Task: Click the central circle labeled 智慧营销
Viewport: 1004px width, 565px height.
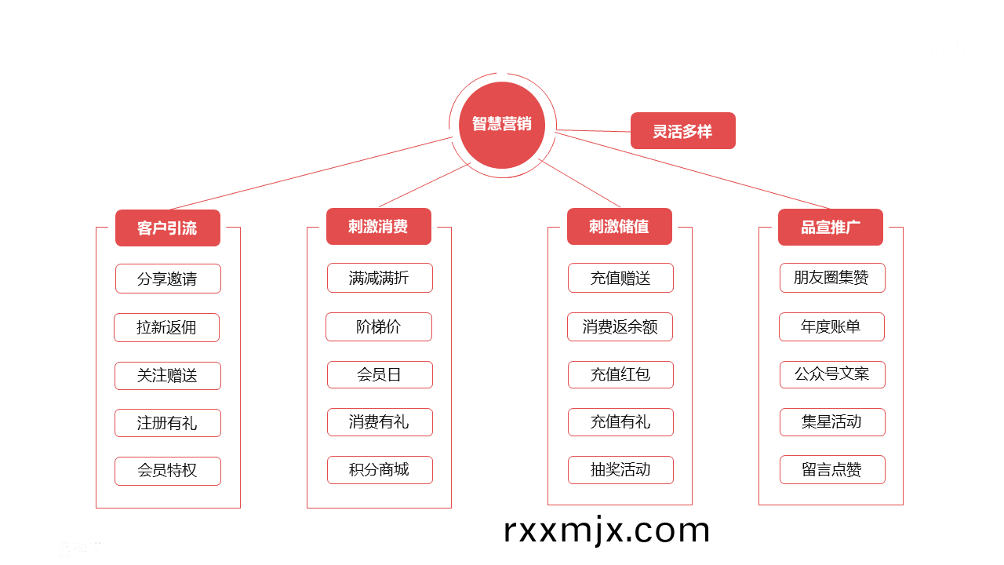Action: [501, 125]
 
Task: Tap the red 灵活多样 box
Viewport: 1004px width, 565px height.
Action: [682, 131]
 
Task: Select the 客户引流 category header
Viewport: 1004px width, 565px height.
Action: [167, 228]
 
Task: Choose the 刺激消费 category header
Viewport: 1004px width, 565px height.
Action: [378, 227]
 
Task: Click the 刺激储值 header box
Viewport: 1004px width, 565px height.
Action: [619, 227]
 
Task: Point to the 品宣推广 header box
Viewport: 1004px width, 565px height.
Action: [830, 228]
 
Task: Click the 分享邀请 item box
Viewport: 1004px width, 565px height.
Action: [168, 279]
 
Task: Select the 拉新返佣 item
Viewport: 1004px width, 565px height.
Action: [166, 327]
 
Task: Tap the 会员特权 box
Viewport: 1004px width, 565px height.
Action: [168, 471]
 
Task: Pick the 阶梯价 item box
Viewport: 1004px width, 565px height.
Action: [378, 326]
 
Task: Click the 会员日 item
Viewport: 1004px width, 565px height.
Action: [380, 374]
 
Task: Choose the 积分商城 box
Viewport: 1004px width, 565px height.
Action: [380, 470]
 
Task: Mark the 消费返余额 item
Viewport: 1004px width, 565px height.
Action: [620, 326]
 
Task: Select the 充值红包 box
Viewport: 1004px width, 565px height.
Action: [620, 374]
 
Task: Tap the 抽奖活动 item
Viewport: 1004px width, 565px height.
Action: [620, 470]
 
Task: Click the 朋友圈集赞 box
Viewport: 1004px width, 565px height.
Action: [831, 278]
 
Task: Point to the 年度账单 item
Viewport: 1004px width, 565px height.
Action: [831, 326]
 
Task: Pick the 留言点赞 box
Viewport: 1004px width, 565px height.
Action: [831, 470]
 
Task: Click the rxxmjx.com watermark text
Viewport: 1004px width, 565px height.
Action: [606, 530]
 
